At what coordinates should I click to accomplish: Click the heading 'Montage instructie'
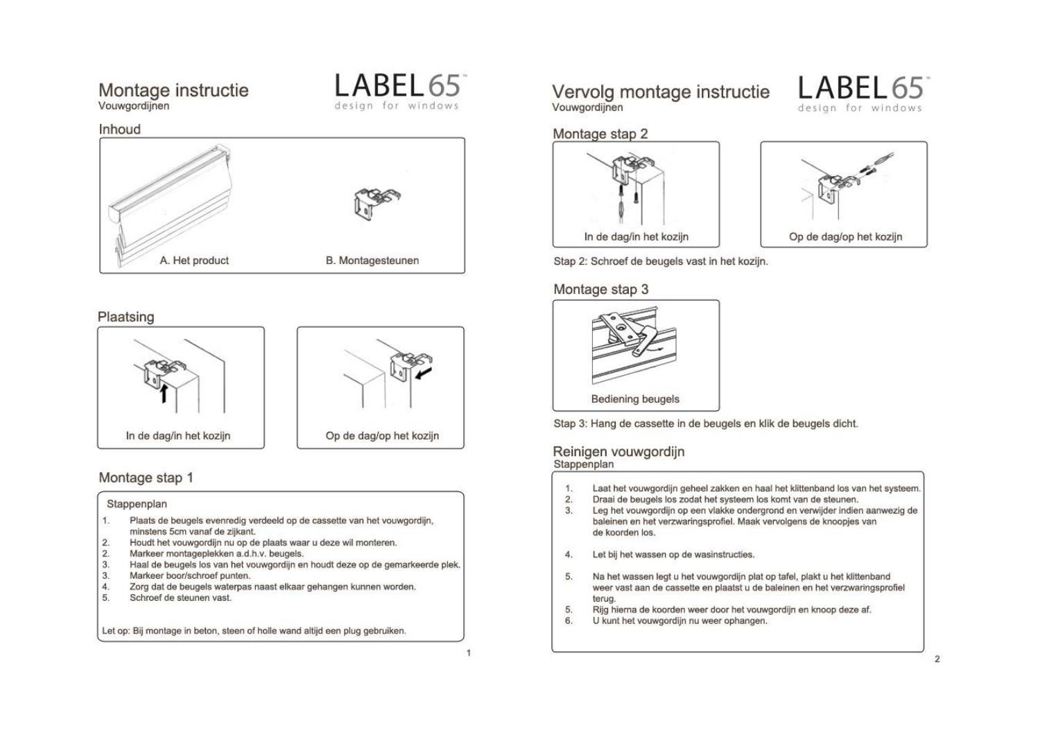173,90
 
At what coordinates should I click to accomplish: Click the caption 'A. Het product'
194,260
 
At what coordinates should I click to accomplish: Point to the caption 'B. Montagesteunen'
372,260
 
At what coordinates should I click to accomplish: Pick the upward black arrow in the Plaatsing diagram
164,393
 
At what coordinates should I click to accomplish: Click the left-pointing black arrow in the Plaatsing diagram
424,374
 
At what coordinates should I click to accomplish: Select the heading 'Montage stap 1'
146,478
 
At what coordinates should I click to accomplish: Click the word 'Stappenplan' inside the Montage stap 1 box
137,504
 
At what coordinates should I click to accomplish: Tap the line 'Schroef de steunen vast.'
180,598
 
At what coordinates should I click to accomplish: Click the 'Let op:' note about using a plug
254,631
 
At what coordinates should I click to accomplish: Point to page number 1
469,653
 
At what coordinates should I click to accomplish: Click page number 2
937,659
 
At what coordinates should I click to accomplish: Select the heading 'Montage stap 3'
601,290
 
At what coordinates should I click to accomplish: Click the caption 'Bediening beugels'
635,399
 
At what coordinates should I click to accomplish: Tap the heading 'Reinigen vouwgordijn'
619,451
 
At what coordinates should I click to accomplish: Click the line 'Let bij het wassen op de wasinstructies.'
673,554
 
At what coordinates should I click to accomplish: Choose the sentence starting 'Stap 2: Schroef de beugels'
661,261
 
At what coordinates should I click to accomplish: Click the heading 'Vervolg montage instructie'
661,91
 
